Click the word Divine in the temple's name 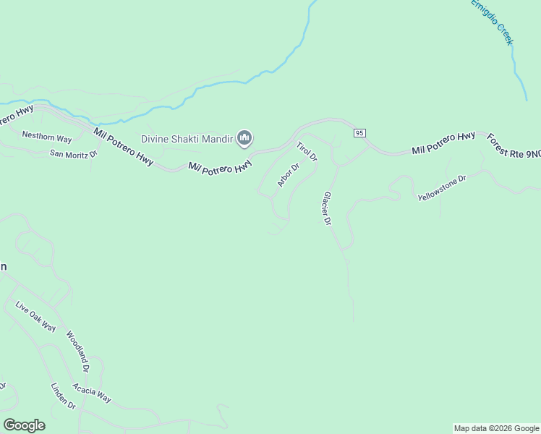pyautogui.click(x=156, y=138)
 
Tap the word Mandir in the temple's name pyautogui.click(x=218, y=138)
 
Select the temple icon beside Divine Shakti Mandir pyautogui.click(x=244, y=137)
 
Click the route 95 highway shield pyautogui.click(x=360, y=133)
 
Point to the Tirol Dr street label pyautogui.click(x=307, y=151)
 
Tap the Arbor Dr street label pyautogui.click(x=288, y=176)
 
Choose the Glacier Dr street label pyautogui.click(x=327, y=209)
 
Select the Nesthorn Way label pyautogui.click(x=47, y=136)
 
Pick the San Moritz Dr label pyautogui.click(x=72, y=153)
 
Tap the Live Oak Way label pyautogui.click(x=35, y=316)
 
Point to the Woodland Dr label pyautogui.click(x=77, y=352)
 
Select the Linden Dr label pyautogui.click(x=63, y=396)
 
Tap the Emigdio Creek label pyautogui.click(x=492, y=22)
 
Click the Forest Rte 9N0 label pyautogui.click(x=514, y=146)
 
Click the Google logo pyautogui.click(x=24, y=425)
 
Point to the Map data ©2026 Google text pyautogui.click(x=496, y=428)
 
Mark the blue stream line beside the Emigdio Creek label pyautogui.click(x=516, y=69)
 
